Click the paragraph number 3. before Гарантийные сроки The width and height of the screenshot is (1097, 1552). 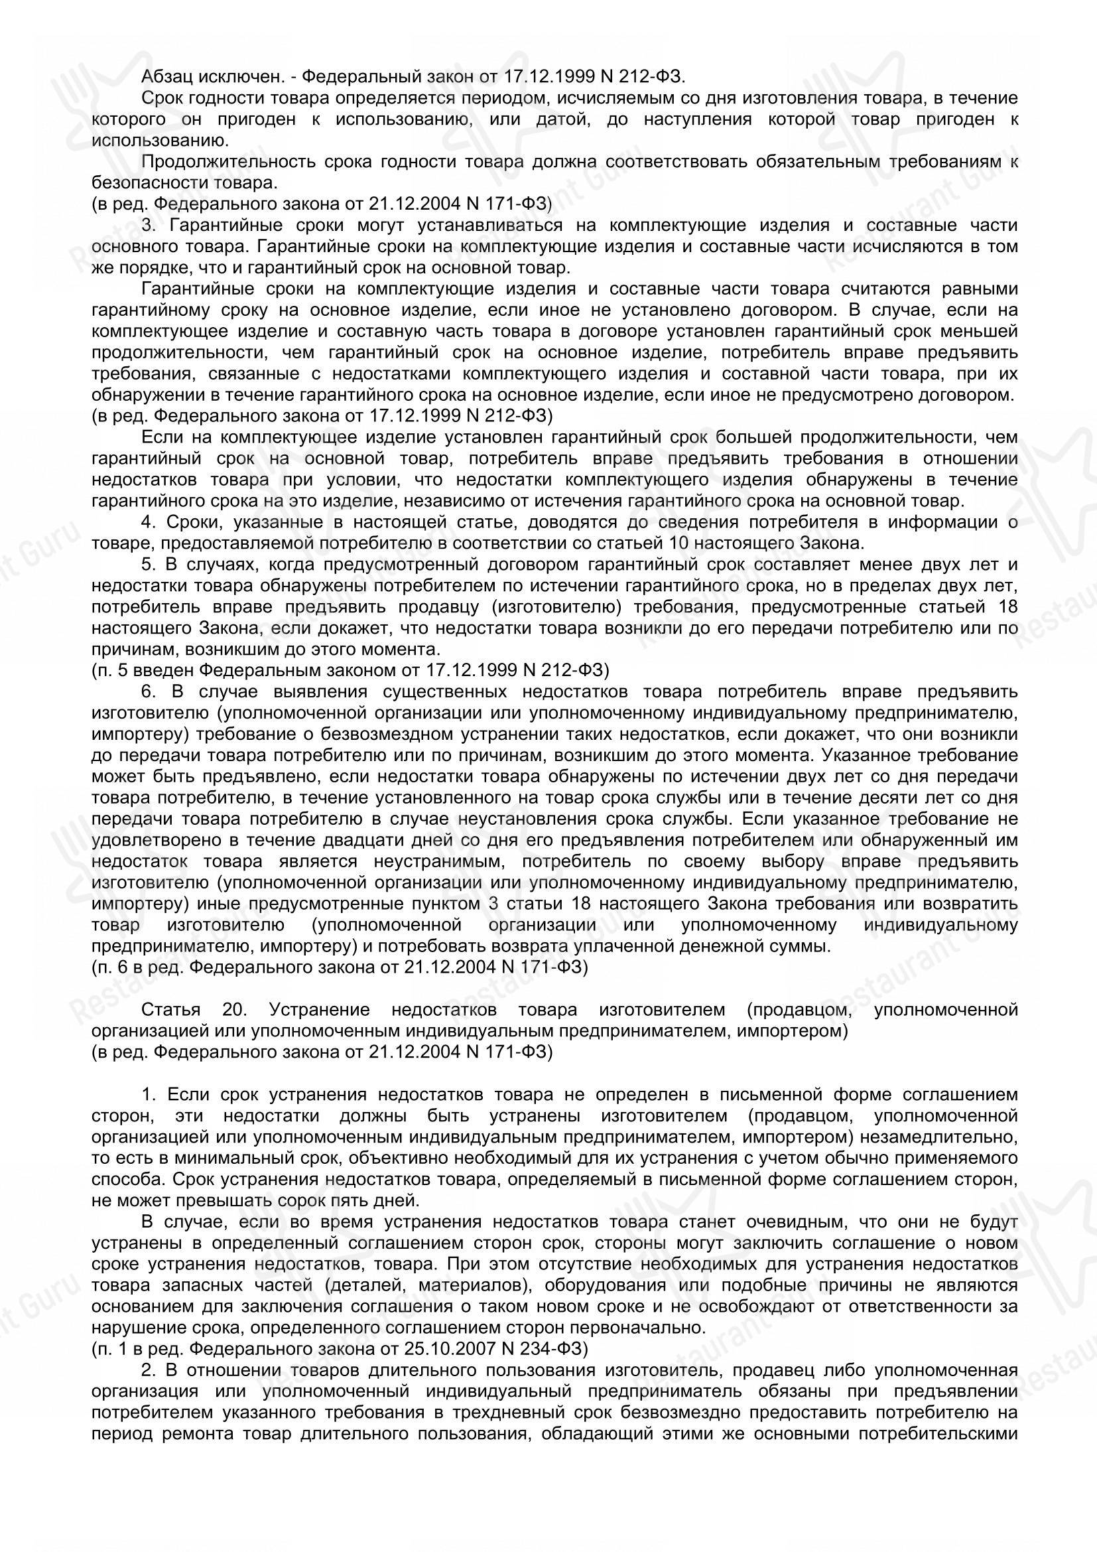point(149,226)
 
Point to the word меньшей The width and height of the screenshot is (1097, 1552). point(988,332)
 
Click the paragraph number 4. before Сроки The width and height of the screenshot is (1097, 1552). point(149,522)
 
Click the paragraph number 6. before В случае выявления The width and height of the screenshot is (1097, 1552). point(149,692)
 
